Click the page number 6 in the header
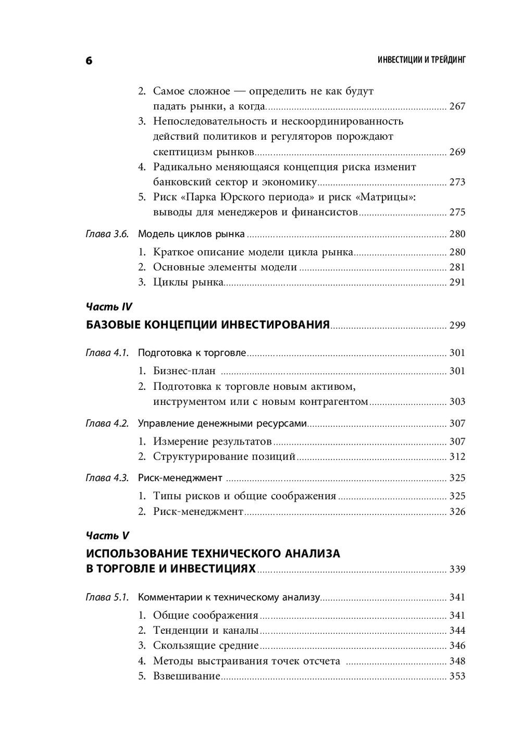pos(89,61)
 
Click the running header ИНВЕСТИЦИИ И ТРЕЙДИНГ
pos(421,60)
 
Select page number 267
pos(457,106)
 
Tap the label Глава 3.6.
pos(106,234)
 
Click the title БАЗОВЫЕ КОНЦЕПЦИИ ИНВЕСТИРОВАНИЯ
pos(207,325)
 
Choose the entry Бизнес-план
pos(184,371)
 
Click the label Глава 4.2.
pos(106,423)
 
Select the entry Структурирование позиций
pos(224,457)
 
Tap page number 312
pos(457,457)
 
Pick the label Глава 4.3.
pos(106,478)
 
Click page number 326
pos(457,511)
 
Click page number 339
pos(457,569)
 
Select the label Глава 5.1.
pos(106,597)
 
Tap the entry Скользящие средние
pos(206,646)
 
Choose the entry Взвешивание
pos(187,676)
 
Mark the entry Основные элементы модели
pos(225,267)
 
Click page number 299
pos(457,326)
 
